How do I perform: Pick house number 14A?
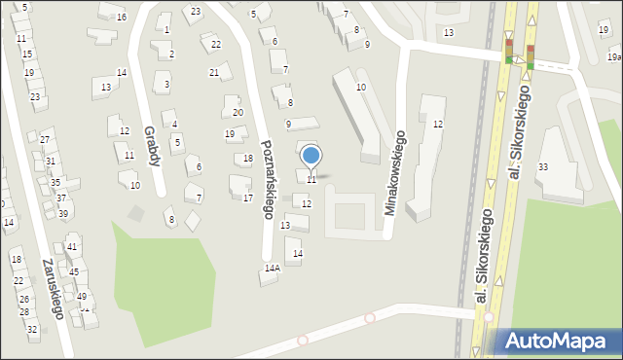tap(272, 267)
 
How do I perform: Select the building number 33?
tap(543, 167)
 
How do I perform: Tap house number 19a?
tap(613, 57)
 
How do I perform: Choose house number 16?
tap(121, 17)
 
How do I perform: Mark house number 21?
tap(214, 72)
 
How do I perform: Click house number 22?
tap(216, 45)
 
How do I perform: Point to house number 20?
tap(238, 112)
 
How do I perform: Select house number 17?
tap(248, 198)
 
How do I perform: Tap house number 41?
tap(72, 247)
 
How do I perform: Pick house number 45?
tap(74, 271)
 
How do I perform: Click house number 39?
tap(63, 213)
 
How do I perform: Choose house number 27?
tap(45, 140)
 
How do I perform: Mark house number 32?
tap(32, 329)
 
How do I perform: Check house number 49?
tap(82, 296)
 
